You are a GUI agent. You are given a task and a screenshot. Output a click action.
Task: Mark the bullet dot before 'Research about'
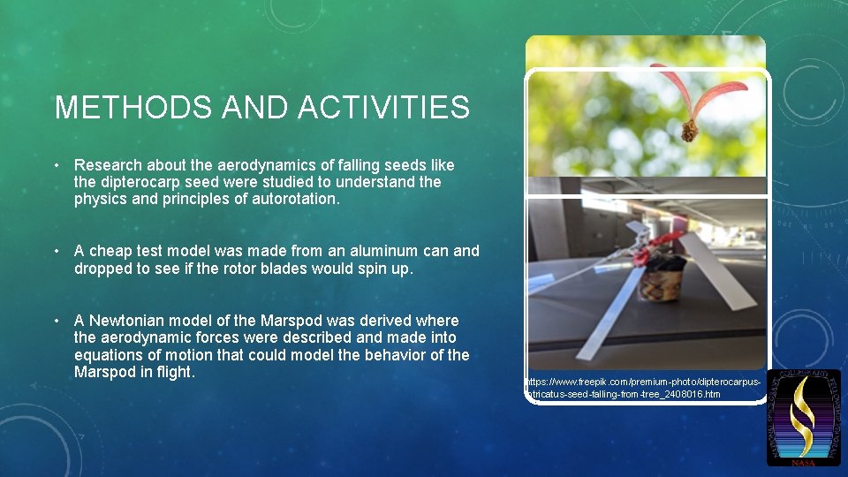point(56,165)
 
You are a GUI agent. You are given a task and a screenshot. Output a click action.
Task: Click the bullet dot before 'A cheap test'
point(56,251)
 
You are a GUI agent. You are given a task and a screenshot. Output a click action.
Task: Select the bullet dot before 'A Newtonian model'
point(56,321)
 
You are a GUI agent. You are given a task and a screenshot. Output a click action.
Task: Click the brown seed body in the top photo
point(690,132)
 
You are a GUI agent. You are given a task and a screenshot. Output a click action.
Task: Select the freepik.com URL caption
point(645,388)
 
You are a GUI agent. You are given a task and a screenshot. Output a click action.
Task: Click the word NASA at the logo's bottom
point(803,462)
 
